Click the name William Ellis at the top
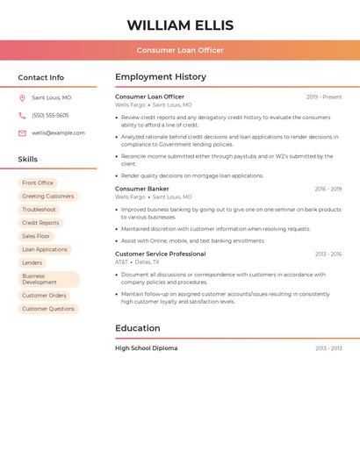point(180,25)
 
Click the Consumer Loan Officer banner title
point(180,50)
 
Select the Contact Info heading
point(41,77)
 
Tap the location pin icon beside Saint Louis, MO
point(22,98)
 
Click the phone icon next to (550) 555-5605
point(22,116)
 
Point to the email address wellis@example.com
point(58,132)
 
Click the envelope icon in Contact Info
point(22,133)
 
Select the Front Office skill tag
point(38,183)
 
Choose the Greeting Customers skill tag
point(47,197)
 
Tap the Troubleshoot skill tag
point(39,210)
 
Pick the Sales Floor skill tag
point(36,236)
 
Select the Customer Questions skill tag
point(48,309)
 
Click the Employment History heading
point(161,77)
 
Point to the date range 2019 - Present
point(324,97)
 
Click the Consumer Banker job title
point(142,189)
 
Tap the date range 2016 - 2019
point(328,190)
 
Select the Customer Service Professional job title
point(161,254)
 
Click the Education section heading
point(138,328)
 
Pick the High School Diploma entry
point(147,348)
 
